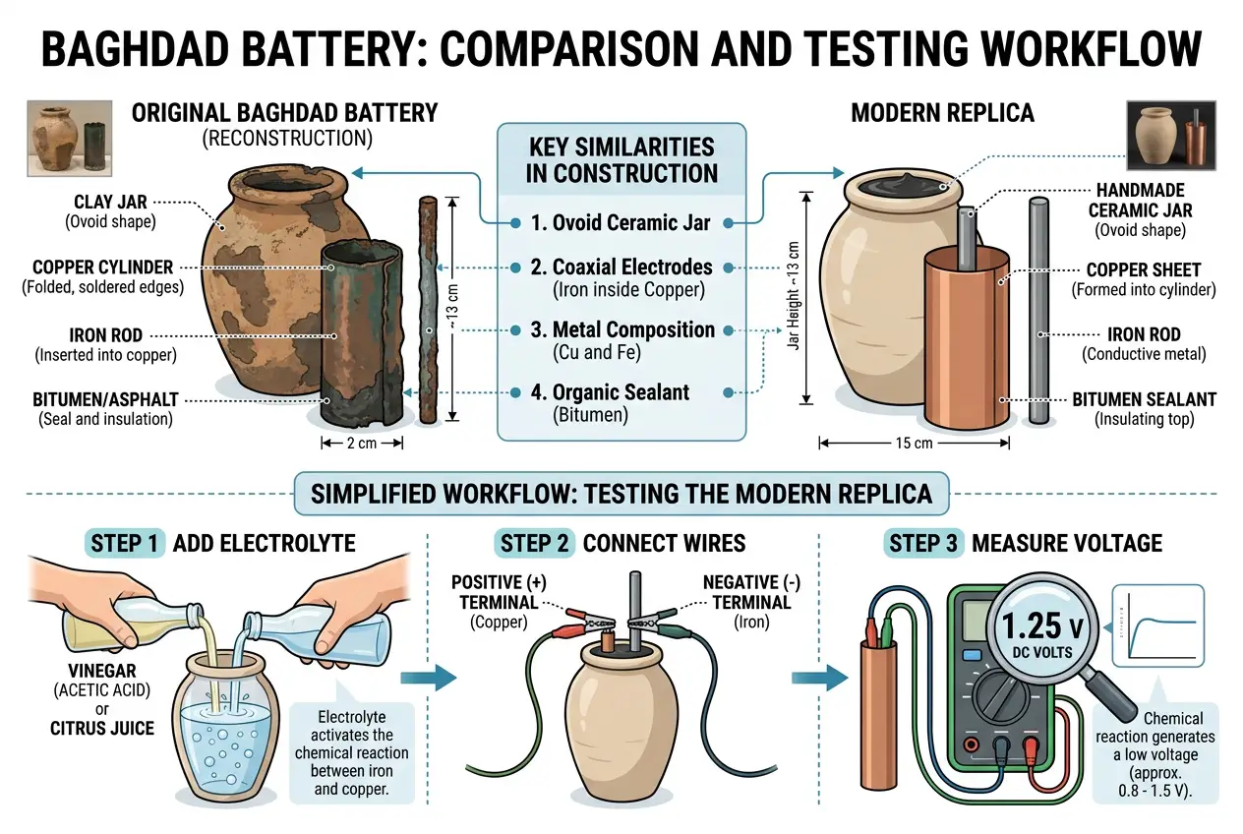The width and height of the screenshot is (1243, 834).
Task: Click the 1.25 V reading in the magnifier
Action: (1042, 625)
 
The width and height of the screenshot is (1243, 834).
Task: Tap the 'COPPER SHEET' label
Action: (1143, 269)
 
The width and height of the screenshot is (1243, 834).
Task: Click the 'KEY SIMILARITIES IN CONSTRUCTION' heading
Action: (621, 160)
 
